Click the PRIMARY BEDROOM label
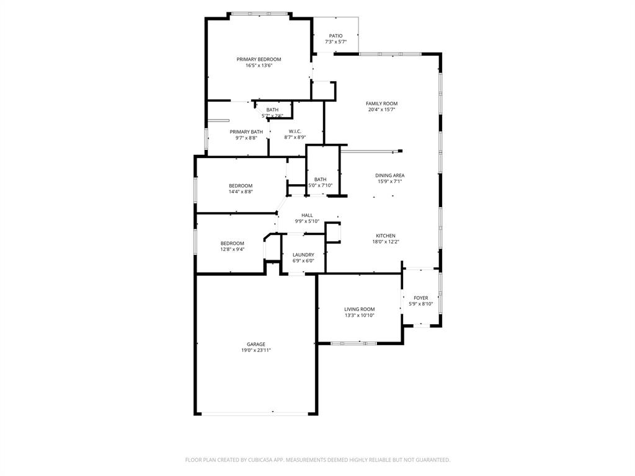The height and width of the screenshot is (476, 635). [259, 59]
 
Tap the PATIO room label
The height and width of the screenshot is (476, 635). [335, 36]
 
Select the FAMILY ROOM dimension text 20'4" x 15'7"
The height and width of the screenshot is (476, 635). [381, 110]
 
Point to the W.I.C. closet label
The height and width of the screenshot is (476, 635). [295, 131]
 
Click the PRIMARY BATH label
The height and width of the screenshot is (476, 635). [246, 132]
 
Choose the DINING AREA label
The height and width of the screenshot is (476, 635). [390, 175]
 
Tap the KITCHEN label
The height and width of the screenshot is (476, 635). [385, 236]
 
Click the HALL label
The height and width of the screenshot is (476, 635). [307, 215]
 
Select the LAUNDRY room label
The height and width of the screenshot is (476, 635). [303, 255]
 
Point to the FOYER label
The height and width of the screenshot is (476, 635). [421, 298]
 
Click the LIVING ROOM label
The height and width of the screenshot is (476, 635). [360, 309]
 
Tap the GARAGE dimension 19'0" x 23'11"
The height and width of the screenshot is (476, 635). [256, 350]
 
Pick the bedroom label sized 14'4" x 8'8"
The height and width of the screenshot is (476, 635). [241, 186]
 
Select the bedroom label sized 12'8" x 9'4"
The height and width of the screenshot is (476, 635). [233, 244]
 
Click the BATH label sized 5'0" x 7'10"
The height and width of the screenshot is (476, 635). [320, 180]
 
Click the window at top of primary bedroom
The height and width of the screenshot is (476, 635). [259, 13]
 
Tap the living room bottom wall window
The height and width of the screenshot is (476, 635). [353, 343]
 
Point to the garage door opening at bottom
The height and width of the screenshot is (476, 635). [256, 413]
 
